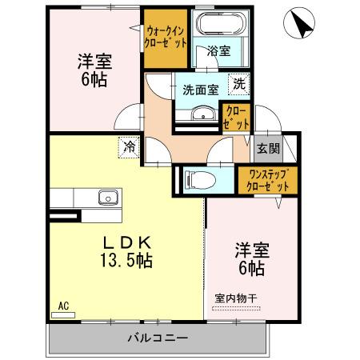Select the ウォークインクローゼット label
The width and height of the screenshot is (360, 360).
[x=166, y=37]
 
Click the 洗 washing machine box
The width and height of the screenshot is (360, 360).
[x=238, y=82]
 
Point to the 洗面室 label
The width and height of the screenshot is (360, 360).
[x=200, y=90]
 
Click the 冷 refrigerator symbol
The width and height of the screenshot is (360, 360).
[x=128, y=146]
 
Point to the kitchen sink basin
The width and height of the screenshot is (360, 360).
[x=106, y=198]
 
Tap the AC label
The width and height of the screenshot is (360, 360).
[x=62, y=305]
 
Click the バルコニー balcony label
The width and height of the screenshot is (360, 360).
[x=157, y=338]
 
